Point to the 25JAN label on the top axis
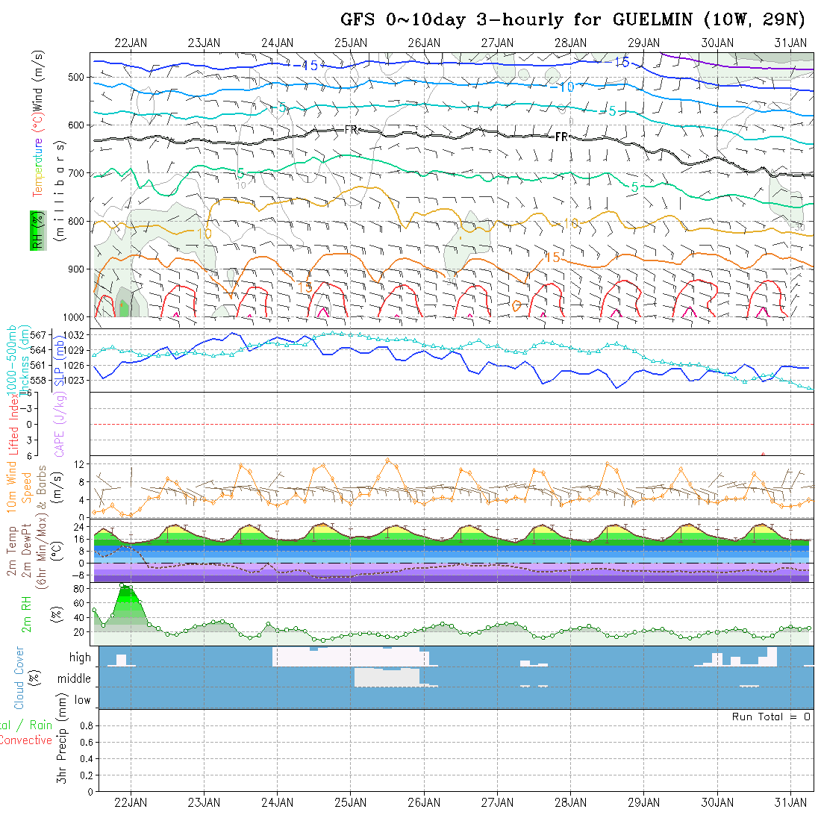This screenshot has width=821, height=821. [351, 43]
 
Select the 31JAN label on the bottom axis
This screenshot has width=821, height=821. [790, 802]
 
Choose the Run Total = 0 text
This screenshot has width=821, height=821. [771, 717]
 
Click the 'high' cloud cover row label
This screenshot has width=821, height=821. [80, 658]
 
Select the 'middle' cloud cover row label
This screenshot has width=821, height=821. [75, 678]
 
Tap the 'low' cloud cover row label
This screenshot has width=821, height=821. [82, 700]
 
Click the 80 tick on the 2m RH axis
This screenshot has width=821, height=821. [77, 589]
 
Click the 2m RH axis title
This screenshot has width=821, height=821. [27, 614]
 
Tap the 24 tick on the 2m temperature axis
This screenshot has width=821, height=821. [78, 526]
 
